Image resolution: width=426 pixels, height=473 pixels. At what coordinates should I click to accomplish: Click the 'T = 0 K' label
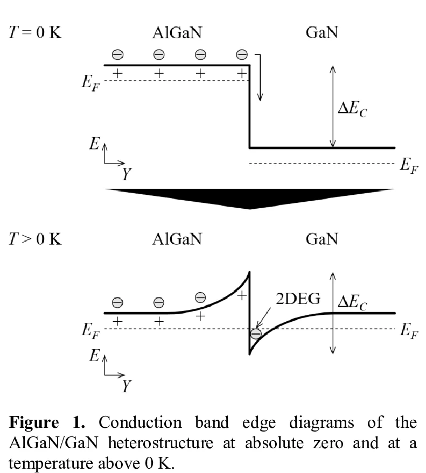pyautogui.click(x=35, y=32)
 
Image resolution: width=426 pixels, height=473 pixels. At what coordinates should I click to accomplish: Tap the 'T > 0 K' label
pyautogui.click(x=35, y=239)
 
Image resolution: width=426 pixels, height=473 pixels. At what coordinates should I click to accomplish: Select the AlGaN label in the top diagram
pyautogui.click(x=177, y=32)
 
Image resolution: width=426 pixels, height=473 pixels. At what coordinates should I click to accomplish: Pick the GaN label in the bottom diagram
pyautogui.click(x=322, y=239)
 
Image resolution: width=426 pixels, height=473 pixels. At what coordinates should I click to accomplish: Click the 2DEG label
pyautogui.click(x=298, y=299)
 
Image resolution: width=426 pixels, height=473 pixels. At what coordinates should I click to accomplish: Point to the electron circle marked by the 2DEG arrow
pyautogui.click(x=256, y=334)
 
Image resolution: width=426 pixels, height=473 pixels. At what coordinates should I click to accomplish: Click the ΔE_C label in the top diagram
pyautogui.click(x=352, y=108)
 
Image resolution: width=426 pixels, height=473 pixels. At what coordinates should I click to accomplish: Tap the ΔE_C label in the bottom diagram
pyautogui.click(x=352, y=302)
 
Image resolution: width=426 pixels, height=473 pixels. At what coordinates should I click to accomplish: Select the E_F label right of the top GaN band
pyautogui.click(x=409, y=166)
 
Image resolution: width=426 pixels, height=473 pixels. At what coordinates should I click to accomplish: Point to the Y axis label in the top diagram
pyautogui.click(x=127, y=174)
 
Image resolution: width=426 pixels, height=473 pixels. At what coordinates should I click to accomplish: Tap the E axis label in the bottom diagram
pyautogui.click(x=94, y=355)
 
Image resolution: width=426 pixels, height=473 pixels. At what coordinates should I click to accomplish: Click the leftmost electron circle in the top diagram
pyautogui.click(x=117, y=54)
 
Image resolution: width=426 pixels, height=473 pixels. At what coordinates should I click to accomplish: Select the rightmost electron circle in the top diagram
pyautogui.click(x=241, y=54)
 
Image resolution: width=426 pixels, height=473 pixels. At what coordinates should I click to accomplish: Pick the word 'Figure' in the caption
pyautogui.click(x=34, y=422)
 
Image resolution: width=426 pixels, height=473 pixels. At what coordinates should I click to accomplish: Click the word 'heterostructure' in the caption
pyautogui.click(x=160, y=443)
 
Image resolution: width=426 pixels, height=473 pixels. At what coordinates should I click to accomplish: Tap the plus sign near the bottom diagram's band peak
pyautogui.click(x=241, y=295)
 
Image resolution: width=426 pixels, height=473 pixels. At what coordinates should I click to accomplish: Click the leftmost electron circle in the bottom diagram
pyautogui.click(x=117, y=302)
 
